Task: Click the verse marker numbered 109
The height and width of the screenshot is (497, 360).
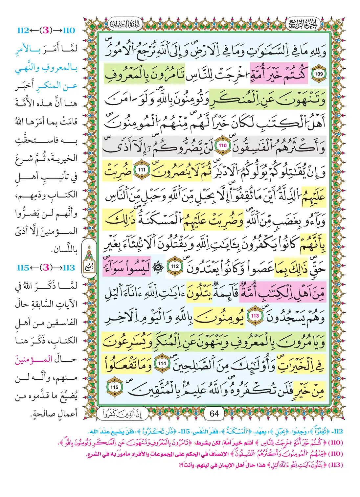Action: tap(319, 74)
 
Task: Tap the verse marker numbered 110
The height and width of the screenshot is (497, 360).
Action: tap(223, 146)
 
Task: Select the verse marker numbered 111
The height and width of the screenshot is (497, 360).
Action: tap(142, 170)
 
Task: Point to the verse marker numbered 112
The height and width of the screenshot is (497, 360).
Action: tap(175, 266)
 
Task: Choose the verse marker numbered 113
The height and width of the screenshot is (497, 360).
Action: tap(255, 316)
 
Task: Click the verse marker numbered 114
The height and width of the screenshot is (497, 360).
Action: tap(162, 363)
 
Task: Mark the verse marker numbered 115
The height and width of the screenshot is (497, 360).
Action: tap(114, 387)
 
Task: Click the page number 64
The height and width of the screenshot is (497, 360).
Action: tap(214, 414)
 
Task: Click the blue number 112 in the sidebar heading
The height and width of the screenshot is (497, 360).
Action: tap(23, 31)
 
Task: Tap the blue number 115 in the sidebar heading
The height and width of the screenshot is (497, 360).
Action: tap(23, 268)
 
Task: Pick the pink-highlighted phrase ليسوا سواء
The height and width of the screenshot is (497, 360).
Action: tap(127, 266)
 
